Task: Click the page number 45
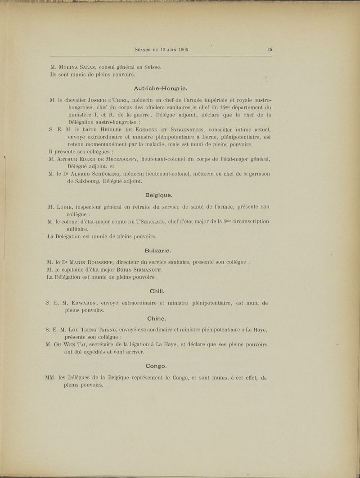tap(270, 50)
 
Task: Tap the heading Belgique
tap(159, 195)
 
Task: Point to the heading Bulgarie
tap(158, 250)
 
